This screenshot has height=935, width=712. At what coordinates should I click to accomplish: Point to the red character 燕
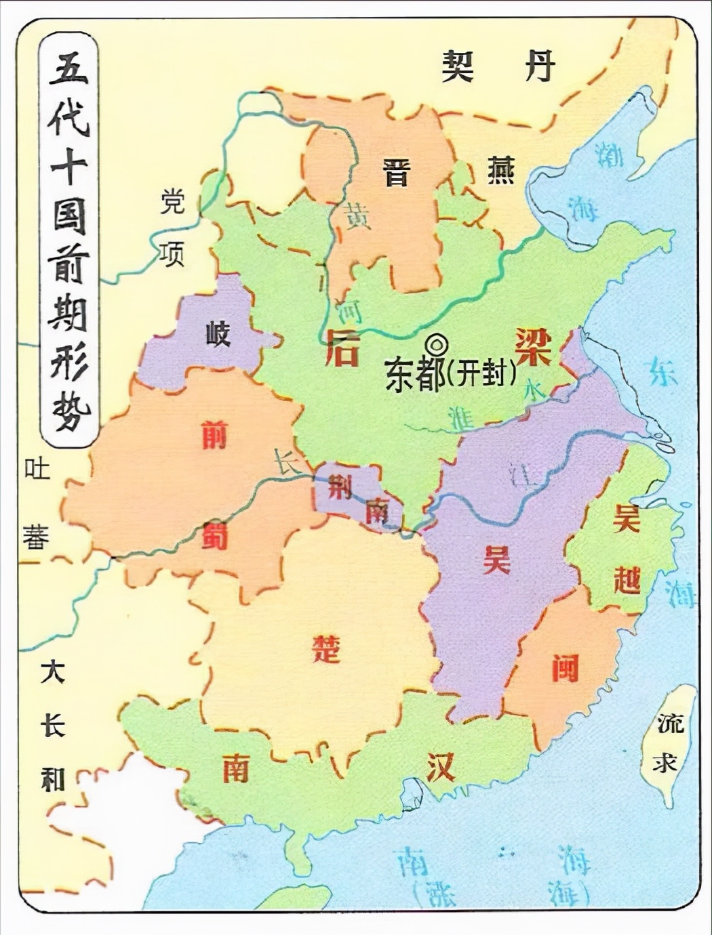500,170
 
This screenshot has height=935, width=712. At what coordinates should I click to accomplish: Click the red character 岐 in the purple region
218,333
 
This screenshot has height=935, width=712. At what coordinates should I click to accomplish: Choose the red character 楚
325,648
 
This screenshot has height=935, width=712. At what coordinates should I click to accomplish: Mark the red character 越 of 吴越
627,580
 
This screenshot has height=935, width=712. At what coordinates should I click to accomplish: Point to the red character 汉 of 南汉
441,767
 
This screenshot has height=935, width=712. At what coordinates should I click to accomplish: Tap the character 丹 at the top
540,66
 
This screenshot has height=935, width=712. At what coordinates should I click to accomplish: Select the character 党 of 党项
172,201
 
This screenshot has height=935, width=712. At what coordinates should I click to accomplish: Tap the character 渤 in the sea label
609,155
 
